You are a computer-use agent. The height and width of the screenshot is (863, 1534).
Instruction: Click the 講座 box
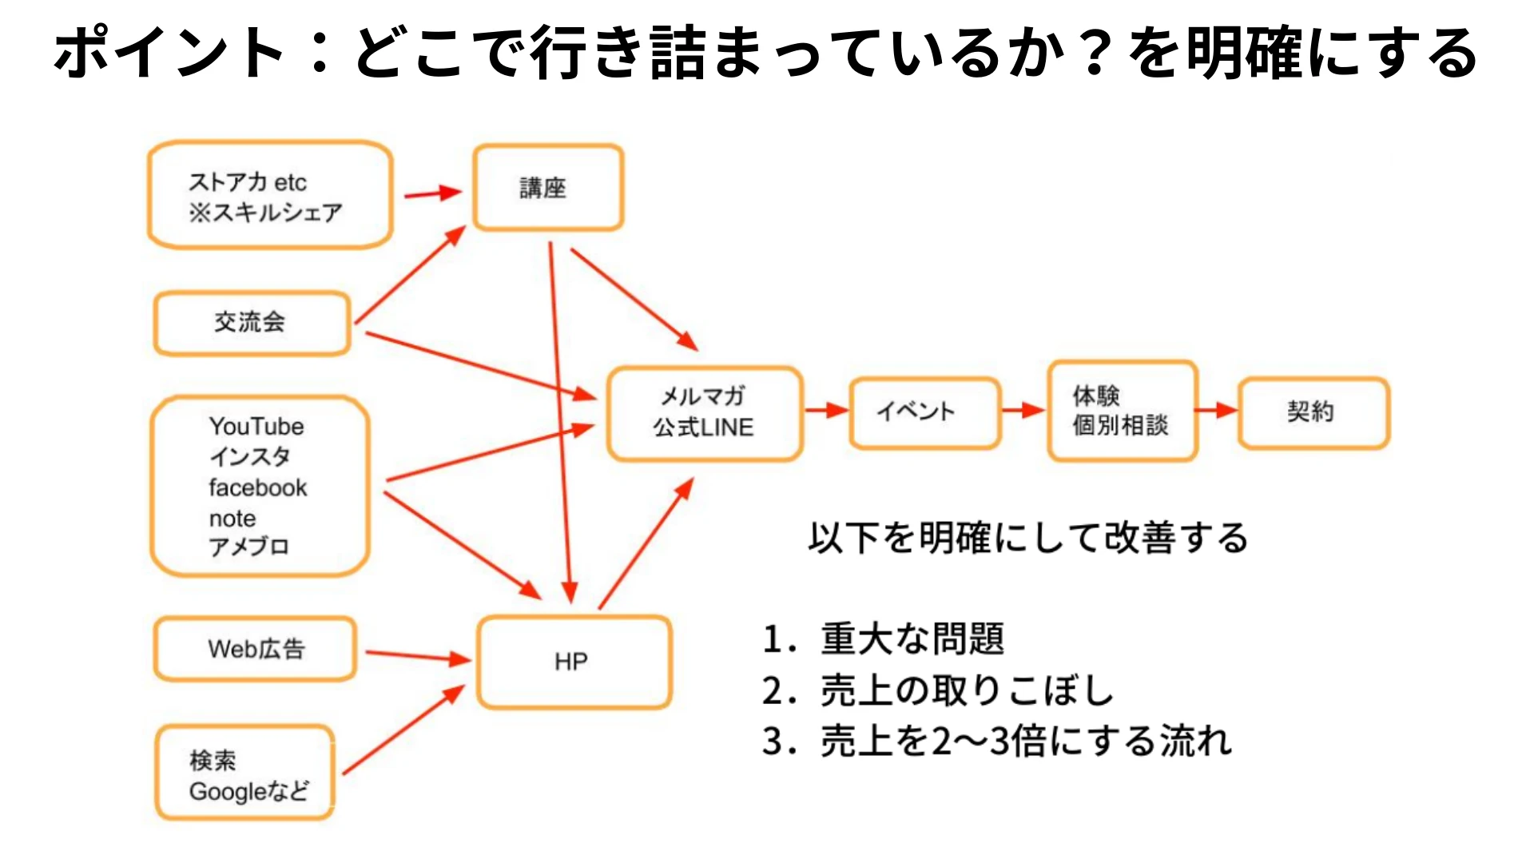547,188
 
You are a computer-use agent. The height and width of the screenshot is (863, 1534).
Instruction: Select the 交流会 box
252,323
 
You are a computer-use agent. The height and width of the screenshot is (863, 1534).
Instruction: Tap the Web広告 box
255,649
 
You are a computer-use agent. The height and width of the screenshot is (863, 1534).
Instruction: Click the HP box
573,662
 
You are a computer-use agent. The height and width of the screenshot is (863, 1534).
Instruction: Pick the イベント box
924,412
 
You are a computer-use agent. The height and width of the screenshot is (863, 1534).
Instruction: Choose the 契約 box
1313,412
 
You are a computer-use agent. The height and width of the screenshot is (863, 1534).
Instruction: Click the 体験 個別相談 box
1122,411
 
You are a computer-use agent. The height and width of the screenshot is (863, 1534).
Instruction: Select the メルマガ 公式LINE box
704,413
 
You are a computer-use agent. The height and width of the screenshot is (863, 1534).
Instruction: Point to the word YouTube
256,426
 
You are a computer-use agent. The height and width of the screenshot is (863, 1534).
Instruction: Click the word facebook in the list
257,487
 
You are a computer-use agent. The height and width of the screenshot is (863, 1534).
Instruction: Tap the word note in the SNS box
232,519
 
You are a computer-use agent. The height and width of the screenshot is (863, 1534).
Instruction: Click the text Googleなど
248,792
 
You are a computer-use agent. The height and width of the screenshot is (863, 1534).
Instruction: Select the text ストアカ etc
248,182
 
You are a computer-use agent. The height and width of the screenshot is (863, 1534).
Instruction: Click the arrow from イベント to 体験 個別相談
1023,410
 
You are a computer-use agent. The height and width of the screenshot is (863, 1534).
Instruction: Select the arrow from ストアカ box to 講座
432,193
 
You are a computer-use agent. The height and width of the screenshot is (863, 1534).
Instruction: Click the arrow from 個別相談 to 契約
1217,411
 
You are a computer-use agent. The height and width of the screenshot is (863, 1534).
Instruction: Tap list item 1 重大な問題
883,638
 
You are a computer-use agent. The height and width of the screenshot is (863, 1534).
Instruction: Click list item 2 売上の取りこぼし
938,690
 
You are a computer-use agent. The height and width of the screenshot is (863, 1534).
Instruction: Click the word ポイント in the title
168,52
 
